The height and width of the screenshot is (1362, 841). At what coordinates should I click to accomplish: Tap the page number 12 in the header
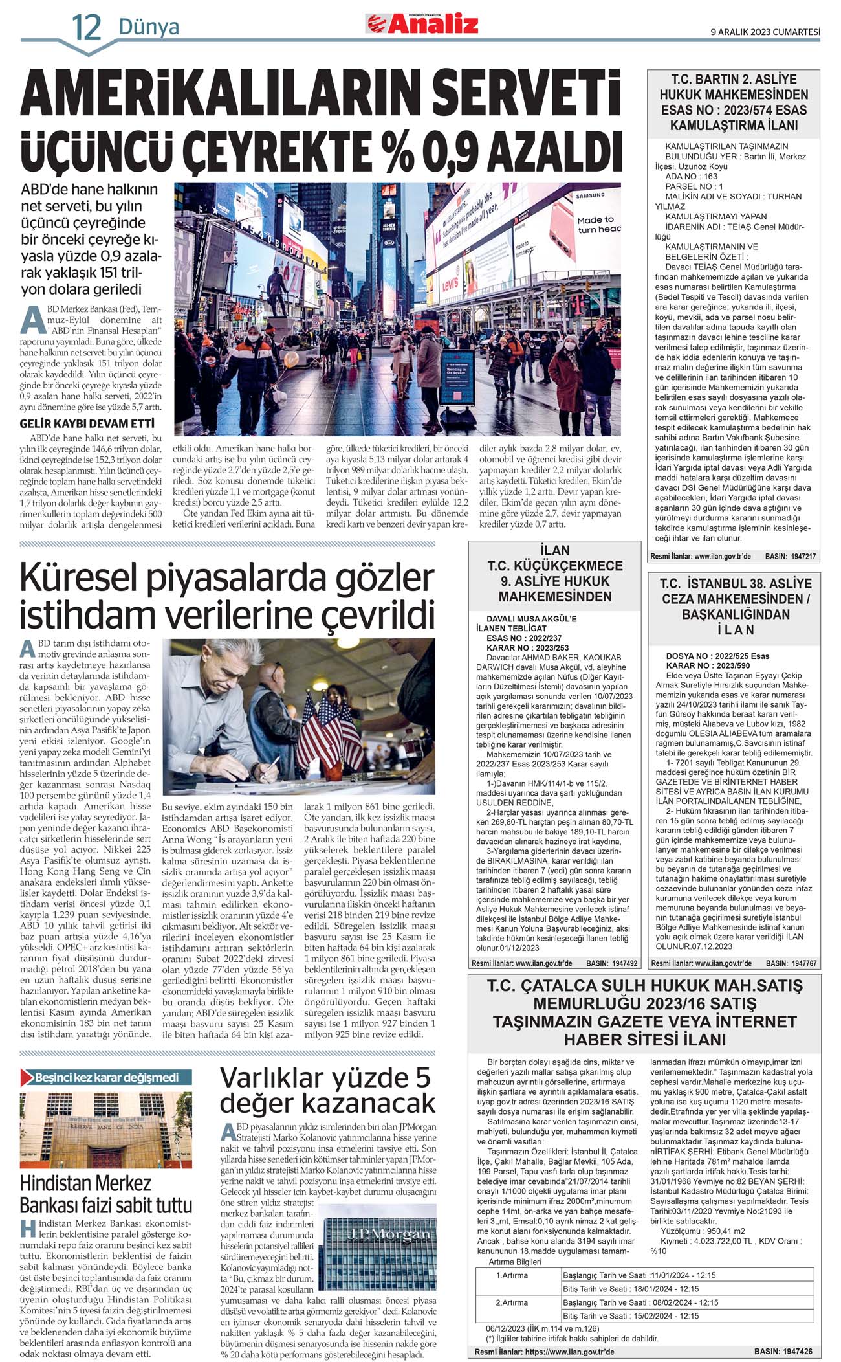tap(87, 28)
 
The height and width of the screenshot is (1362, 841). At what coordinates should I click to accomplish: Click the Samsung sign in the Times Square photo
tap(589, 195)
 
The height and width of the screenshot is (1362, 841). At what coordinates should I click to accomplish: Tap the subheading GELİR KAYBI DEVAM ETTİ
tap(87, 423)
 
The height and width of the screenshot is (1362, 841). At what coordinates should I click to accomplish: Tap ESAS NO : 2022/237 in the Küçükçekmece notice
tap(523, 638)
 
